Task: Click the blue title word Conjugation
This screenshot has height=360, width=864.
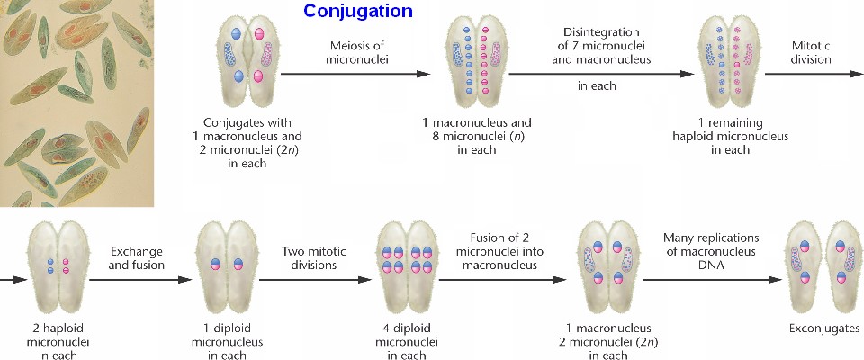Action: (358, 12)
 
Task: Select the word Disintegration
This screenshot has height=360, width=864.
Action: (600, 32)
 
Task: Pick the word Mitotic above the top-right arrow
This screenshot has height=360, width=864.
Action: (812, 45)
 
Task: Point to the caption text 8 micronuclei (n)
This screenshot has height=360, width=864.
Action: (476, 136)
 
